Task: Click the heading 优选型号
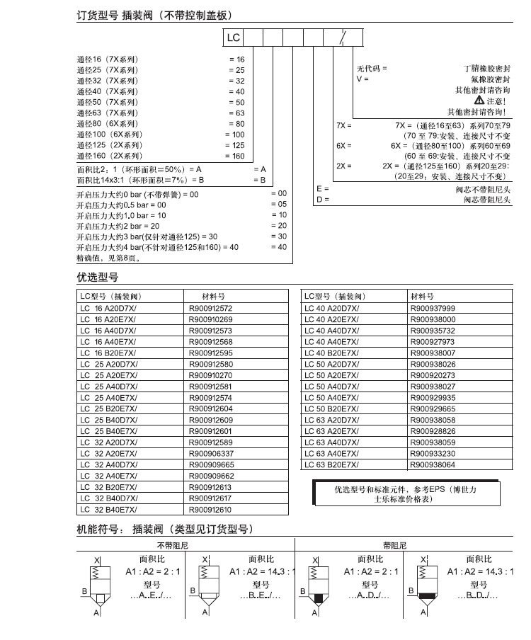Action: click(98, 277)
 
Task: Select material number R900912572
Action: click(211, 309)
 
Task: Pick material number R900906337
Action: click(211, 454)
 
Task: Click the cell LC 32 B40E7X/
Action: click(108, 509)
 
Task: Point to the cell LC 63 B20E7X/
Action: click(331, 465)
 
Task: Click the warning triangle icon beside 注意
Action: click(479, 101)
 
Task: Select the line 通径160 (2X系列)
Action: click(110, 156)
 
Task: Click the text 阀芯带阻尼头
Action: click(486, 200)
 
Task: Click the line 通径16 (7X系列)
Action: click(108, 59)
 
